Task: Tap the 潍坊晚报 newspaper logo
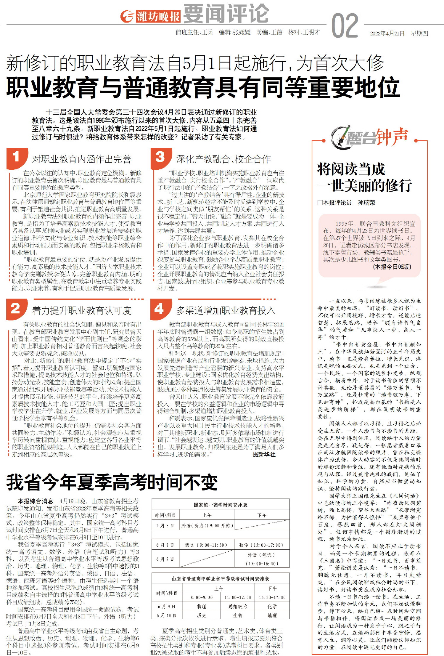(150, 16)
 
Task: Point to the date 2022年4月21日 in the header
(387, 33)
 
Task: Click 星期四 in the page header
(419, 33)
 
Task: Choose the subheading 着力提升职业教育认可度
(81, 311)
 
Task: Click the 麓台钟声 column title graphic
(370, 138)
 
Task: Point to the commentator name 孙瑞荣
(366, 203)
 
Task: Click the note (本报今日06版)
(392, 267)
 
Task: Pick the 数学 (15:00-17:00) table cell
(261, 545)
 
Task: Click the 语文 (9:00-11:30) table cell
(206, 545)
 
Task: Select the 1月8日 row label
(165, 526)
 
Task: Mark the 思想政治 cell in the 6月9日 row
(238, 607)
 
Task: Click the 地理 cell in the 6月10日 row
(272, 615)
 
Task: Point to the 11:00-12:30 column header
(238, 598)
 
